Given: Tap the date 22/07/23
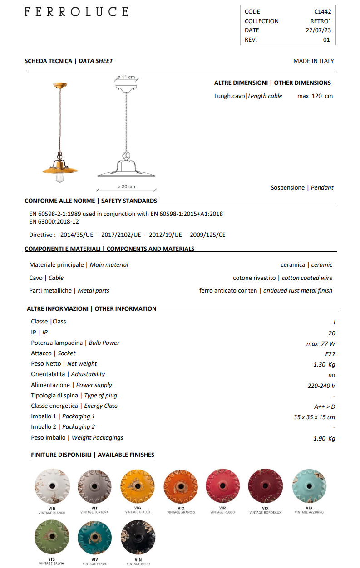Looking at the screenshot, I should tap(318, 30).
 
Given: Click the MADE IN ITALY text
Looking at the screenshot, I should tap(313, 61).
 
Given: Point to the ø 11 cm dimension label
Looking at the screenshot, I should tap(126, 78).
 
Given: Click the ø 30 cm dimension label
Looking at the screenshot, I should tap(126, 186).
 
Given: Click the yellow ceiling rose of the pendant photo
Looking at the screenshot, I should tap(59, 85).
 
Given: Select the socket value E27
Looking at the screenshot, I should tap(330, 354).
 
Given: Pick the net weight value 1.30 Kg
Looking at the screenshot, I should tap(324, 364).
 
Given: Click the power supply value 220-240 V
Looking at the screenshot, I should tap(321, 386).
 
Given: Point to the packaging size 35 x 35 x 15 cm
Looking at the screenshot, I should tap(314, 417).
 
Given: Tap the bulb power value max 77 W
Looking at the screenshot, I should tap(321, 344).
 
